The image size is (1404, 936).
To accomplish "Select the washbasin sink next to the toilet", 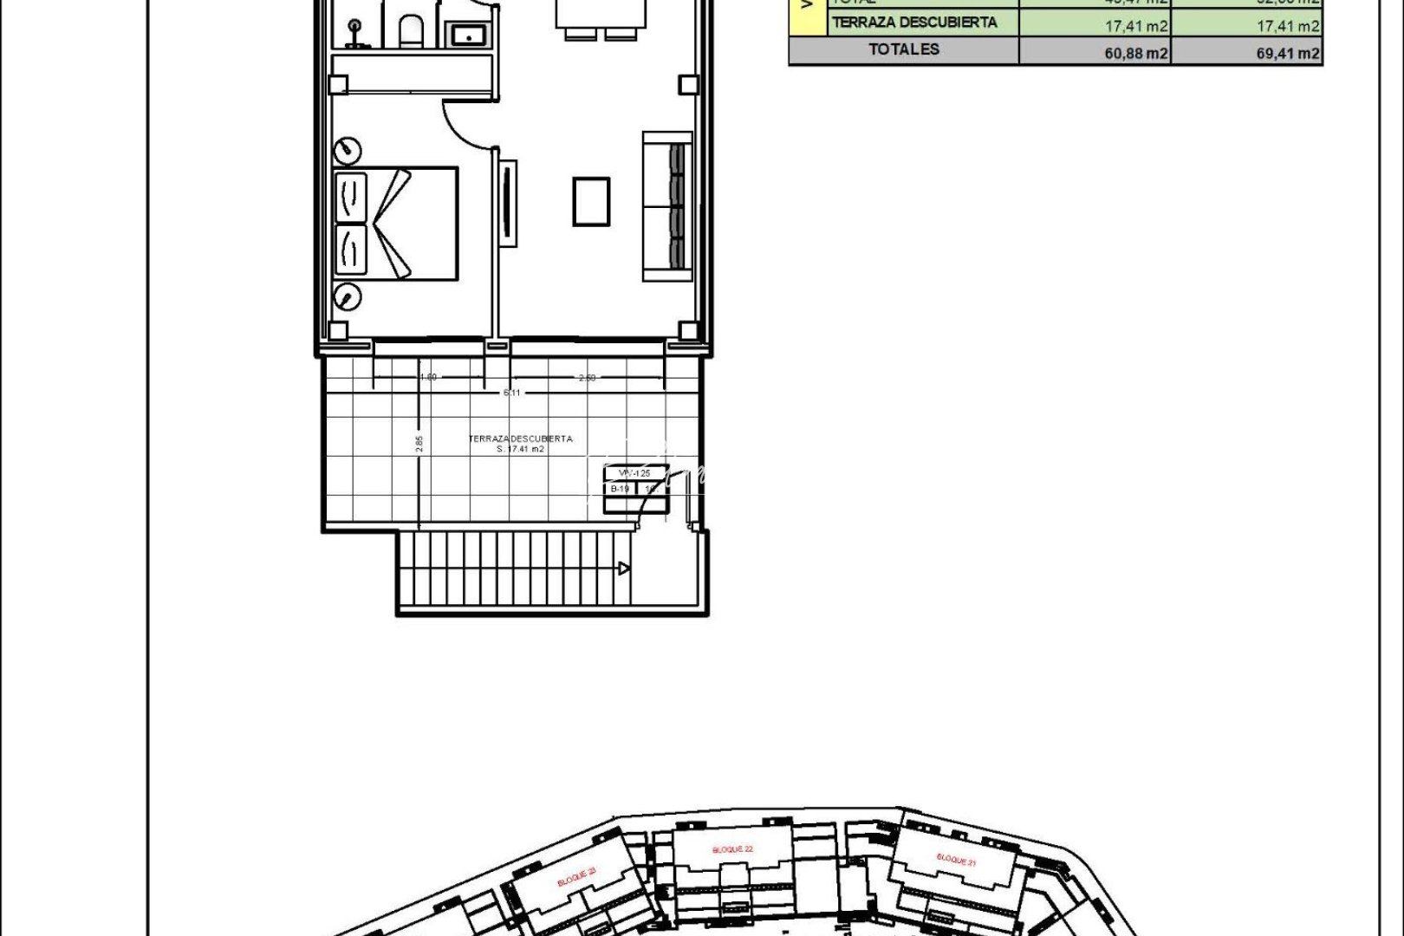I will coord(469,36).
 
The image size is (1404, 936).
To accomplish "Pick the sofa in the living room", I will coord(667,206).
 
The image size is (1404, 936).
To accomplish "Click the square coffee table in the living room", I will coord(591,201).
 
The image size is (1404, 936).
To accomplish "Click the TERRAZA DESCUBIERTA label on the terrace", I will coord(520,439).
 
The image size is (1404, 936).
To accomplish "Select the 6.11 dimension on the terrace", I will coord(512,393).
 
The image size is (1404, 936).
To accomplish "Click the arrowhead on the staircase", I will coord(623,569).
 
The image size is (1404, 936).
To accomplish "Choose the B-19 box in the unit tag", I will coord(620,489).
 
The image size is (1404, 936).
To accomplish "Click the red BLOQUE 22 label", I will coord(732,850).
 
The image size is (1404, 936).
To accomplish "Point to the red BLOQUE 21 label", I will coord(956,861).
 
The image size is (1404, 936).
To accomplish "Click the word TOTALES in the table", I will coord(904,49).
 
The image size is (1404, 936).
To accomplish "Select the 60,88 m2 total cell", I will coord(1135,54).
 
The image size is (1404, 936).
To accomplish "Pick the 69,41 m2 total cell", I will coord(1288,54).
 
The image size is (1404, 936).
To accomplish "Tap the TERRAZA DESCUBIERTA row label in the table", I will coord(914,23).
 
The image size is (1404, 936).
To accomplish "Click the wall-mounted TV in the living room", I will coord(508,204).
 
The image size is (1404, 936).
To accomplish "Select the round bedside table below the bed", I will coord(348,297).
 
